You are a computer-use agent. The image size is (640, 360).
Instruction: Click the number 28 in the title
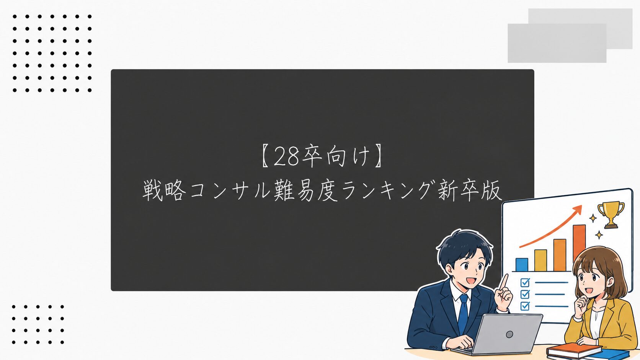coord(286,156)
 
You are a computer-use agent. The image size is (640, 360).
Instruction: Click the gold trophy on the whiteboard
coord(611,214)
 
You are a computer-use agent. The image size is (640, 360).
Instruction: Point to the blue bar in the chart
coord(522,265)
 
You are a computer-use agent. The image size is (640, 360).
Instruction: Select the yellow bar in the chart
coord(540,261)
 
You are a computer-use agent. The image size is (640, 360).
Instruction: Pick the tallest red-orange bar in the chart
coord(579,243)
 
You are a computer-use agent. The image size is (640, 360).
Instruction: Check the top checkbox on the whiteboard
coord(525,282)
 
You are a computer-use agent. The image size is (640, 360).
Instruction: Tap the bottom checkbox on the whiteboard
coord(525,306)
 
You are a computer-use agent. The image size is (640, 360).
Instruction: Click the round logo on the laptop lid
coord(509,334)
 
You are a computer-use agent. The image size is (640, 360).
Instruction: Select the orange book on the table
coord(574,350)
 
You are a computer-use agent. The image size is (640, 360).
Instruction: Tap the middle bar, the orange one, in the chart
coord(560,255)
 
